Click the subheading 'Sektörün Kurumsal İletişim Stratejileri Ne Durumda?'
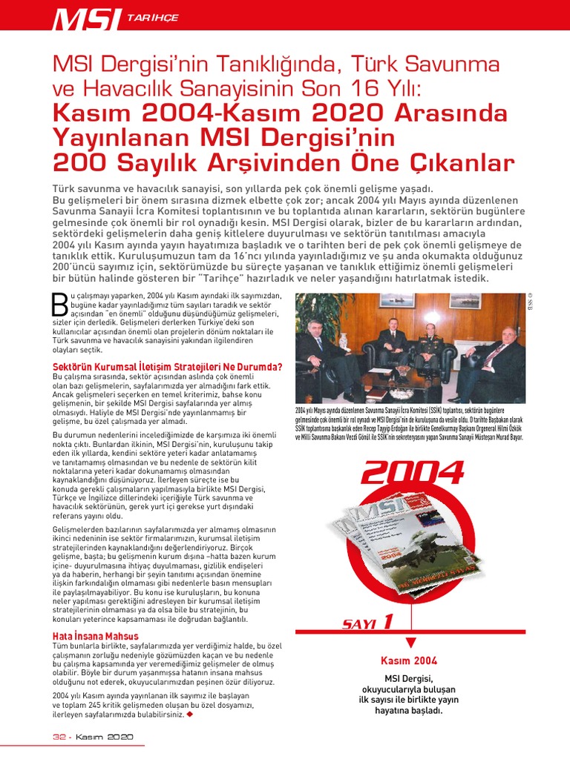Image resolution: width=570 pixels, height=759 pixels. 167,367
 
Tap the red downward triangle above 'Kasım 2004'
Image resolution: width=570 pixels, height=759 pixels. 410,643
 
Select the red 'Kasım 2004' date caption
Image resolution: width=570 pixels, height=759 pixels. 409,660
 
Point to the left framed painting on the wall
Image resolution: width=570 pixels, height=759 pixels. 396,301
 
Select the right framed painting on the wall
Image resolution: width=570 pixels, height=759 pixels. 464,301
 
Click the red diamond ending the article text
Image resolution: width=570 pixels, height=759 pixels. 189,715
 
